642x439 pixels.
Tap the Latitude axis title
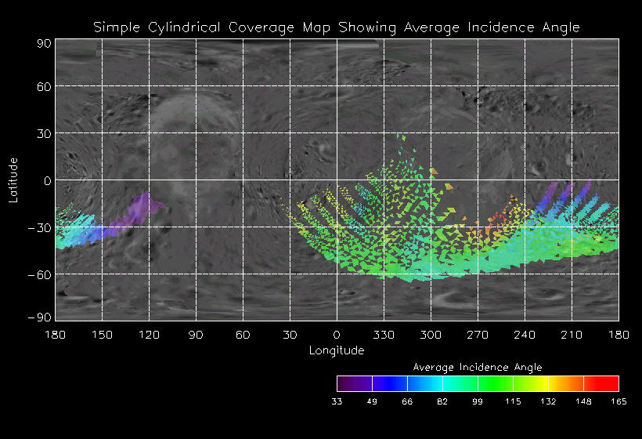[13, 180]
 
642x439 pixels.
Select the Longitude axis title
[337, 350]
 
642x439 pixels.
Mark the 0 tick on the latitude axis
[47, 180]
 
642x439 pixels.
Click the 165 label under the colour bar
[619, 401]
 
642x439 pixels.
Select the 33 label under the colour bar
[337, 401]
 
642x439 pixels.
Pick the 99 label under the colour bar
[478, 401]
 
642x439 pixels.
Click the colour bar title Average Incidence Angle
[478, 367]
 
